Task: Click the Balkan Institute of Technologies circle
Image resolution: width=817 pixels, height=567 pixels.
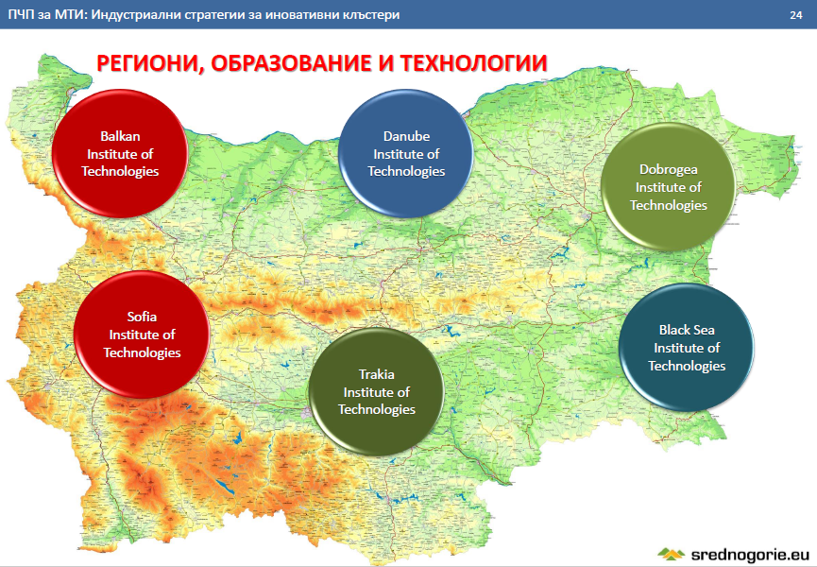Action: tap(120, 153)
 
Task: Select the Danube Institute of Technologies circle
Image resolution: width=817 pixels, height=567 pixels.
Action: tap(406, 153)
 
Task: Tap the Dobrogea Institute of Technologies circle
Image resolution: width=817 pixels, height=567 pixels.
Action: tap(668, 186)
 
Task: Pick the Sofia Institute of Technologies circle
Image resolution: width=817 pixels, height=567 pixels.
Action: tap(142, 334)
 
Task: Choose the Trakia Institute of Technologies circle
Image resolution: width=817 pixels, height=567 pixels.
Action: tap(376, 391)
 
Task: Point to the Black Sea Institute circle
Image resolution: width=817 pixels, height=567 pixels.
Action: tap(687, 347)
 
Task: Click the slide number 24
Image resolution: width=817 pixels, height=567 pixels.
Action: tap(795, 15)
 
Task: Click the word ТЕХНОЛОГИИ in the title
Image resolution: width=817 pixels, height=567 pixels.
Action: tap(474, 63)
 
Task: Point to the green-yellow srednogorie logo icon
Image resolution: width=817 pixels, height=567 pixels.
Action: tap(672, 554)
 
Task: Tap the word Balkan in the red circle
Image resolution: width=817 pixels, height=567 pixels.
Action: tap(120, 136)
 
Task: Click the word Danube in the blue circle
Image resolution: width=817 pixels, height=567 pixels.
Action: tap(406, 136)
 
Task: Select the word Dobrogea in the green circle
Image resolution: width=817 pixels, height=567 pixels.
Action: tap(669, 169)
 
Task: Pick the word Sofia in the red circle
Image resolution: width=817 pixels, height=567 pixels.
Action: tap(142, 317)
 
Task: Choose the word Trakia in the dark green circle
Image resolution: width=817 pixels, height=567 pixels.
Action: tap(377, 374)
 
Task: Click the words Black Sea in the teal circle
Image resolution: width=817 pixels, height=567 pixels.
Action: tap(687, 330)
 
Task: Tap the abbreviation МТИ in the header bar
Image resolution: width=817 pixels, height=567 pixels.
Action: tap(70, 14)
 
